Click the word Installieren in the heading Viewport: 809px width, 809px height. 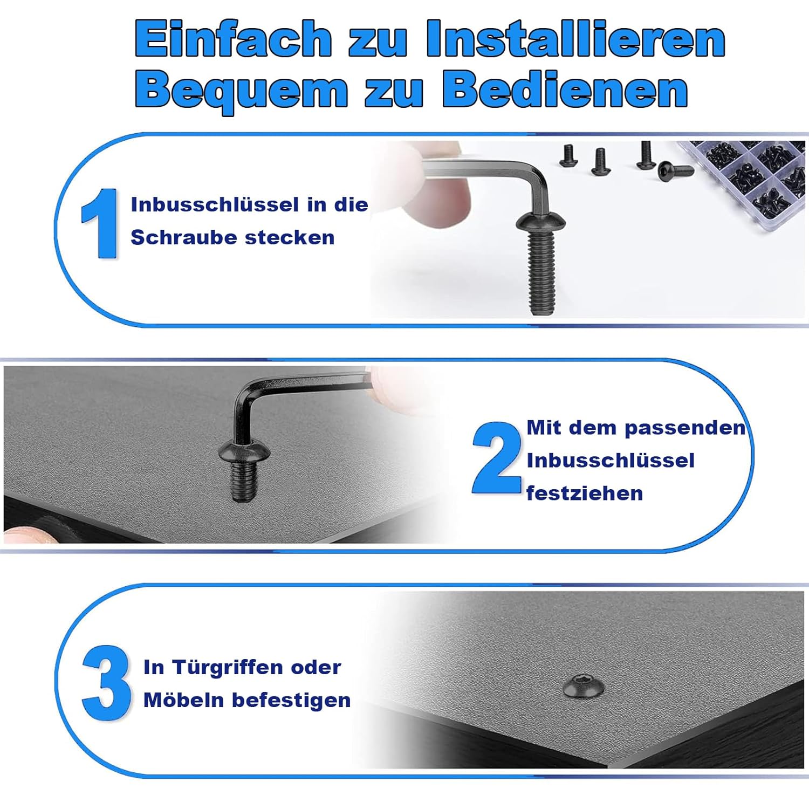click(576, 38)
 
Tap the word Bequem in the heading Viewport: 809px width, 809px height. click(242, 90)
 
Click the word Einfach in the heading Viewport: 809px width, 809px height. click(233, 38)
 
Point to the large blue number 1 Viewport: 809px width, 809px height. click(100, 223)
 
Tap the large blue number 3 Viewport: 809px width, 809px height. click(106, 683)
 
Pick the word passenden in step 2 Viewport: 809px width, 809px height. click(685, 428)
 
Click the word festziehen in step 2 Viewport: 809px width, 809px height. click(585, 493)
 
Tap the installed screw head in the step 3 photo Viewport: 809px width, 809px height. click(584, 687)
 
